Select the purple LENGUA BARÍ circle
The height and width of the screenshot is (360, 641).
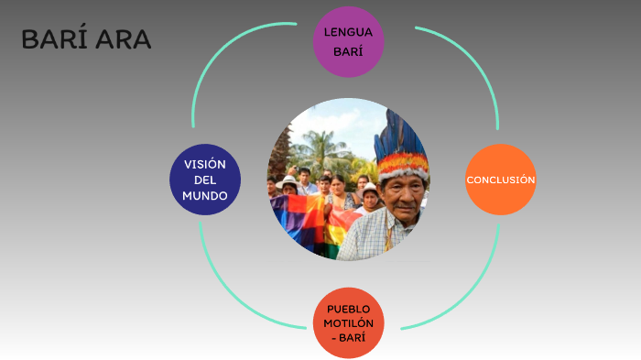[348, 42]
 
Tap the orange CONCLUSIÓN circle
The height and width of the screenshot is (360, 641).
[500, 180]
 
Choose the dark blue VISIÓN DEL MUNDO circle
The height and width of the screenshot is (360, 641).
[205, 180]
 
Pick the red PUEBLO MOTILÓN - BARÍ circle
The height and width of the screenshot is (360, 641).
[348, 322]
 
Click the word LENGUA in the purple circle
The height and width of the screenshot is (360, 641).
[348, 33]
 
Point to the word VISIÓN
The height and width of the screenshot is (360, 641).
[205, 163]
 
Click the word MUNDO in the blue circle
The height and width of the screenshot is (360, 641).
[205, 196]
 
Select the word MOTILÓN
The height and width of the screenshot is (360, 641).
[348, 322]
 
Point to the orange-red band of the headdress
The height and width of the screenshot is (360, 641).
[403, 165]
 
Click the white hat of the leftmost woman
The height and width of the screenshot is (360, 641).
[288, 180]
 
